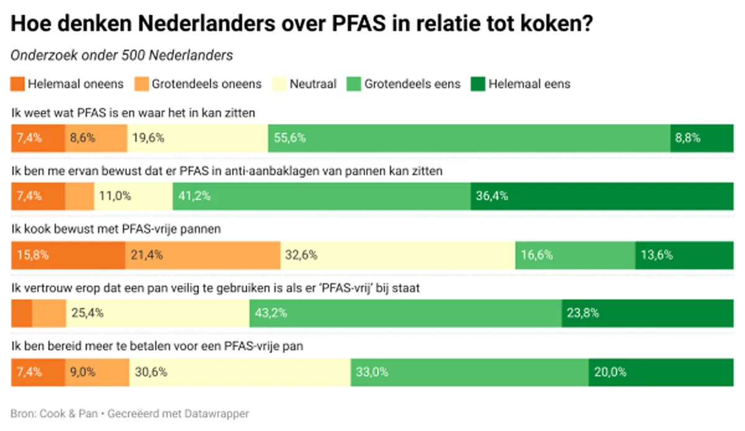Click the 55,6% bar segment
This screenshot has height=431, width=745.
point(469,138)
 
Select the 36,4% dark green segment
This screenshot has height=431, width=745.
point(602,197)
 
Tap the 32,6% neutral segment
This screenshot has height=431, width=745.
point(397,255)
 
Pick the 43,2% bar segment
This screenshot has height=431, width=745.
point(405,314)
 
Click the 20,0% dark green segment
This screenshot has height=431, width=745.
point(661,372)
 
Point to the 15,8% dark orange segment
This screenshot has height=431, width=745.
point(68,255)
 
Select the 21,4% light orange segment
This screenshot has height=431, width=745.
point(202,255)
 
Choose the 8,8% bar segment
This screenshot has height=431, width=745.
point(702,138)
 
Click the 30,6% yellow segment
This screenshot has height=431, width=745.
point(240,372)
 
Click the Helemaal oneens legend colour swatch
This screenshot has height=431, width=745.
point(18,84)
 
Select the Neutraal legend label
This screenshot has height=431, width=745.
point(313,84)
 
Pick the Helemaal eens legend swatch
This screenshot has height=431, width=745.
point(478,84)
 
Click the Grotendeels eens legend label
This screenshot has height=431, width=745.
point(412,84)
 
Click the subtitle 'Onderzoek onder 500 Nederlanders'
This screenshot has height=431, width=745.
point(122,55)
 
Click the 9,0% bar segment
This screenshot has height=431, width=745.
point(97,372)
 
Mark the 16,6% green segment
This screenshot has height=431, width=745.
point(575,255)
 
